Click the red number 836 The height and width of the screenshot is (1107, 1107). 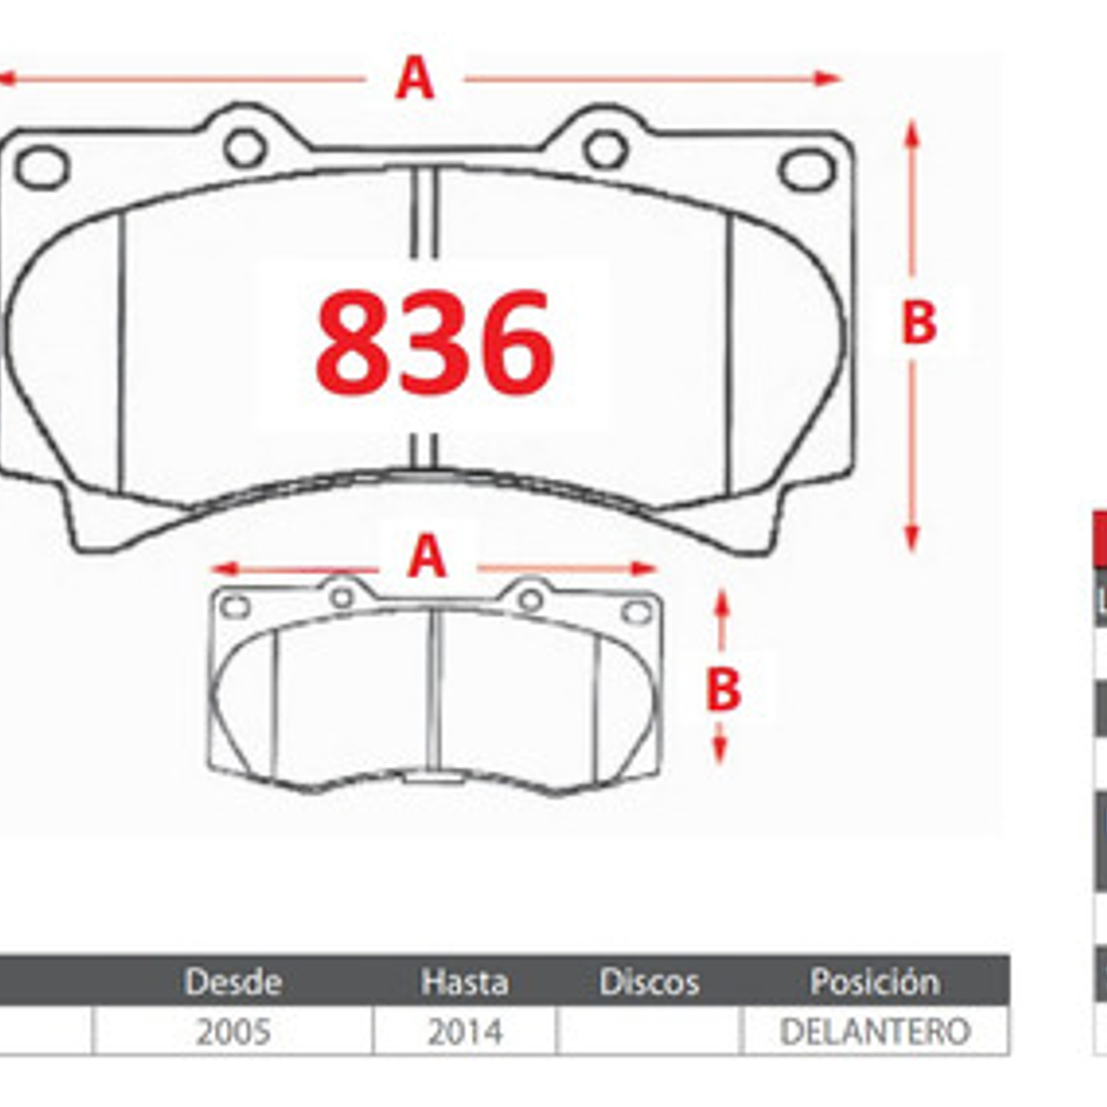434,342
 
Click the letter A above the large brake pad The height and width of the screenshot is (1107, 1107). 415,79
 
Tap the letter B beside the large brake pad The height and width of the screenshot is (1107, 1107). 919,322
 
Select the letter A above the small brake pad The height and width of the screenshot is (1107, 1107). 427,557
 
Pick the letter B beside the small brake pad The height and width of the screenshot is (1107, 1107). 723,689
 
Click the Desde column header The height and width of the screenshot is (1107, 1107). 233,982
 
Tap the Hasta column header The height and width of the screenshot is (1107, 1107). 464,982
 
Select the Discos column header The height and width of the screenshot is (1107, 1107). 649,982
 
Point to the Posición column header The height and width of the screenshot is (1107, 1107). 875,982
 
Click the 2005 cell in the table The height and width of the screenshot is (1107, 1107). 233,1031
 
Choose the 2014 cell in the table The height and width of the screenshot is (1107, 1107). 464,1031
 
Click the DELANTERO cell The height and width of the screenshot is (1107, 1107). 875,1031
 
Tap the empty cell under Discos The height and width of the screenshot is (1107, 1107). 649,1031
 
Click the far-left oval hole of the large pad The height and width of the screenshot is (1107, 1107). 43,167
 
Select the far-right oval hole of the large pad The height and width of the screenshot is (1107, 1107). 807,170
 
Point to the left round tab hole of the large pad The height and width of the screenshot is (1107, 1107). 245,147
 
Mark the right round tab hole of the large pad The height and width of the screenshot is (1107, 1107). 606,149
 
